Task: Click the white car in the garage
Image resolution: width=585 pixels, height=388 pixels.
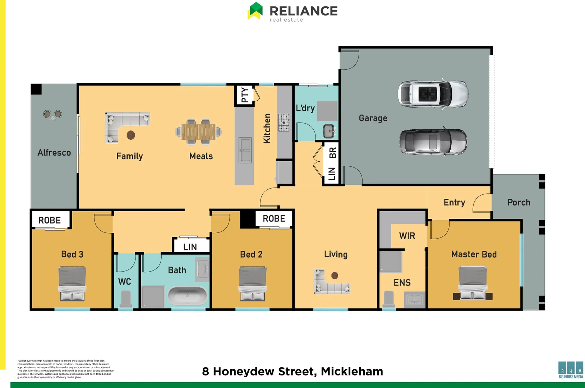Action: pos(433,94)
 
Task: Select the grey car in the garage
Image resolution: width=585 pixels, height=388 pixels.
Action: pos(433,142)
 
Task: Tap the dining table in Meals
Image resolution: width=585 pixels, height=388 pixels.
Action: pos(198,132)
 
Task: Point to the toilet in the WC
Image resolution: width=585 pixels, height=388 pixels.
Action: pos(126,298)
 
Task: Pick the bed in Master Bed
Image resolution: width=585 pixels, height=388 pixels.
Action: pos(473,283)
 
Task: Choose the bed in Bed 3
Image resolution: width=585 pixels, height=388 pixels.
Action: pos(72,283)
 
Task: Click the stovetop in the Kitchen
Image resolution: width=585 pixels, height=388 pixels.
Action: pos(284,123)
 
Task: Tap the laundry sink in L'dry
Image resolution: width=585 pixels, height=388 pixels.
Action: pos(329,131)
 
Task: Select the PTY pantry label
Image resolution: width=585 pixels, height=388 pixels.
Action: pos(245,95)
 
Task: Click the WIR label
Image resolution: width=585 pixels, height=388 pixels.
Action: pos(407,236)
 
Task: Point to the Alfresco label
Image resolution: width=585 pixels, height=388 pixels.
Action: pos(54,153)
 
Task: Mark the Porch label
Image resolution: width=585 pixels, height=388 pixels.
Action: pos(519,203)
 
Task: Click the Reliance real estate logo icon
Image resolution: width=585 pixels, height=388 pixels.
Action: pos(255,11)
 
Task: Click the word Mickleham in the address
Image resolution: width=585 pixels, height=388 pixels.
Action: pos(352,371)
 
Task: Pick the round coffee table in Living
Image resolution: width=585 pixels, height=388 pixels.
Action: pos(335,276)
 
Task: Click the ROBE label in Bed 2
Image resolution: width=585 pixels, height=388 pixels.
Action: pos(274,219)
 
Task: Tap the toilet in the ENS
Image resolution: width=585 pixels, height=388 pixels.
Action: pos(389,299)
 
